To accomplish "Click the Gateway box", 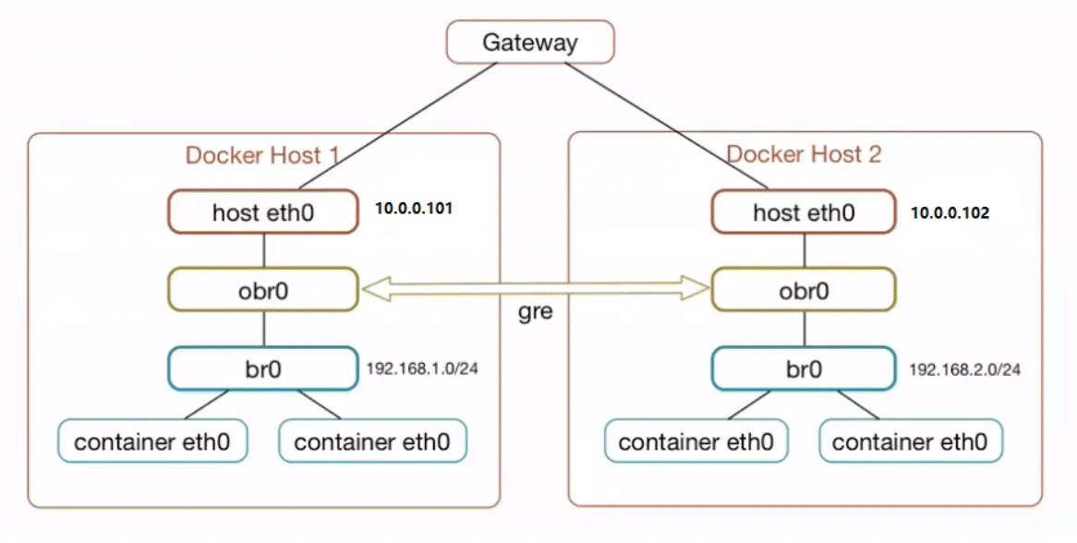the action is click(530, 42).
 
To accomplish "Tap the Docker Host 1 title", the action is click(262, 155).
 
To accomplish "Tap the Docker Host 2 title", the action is click(804, 154).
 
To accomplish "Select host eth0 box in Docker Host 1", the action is click(263, 212).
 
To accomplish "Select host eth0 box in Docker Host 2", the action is click(804, 212).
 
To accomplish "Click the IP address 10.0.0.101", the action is click(414, 208).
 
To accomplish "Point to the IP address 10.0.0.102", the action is click(950, 212).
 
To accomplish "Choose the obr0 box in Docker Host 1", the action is click(263, 290).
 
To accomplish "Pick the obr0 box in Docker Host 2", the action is click(804, 290).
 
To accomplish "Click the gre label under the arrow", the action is click(535, 312).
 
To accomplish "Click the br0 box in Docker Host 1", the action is click(263, 368).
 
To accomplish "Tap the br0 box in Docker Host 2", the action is click(804, 368).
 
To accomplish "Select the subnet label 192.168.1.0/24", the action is click(422, 368).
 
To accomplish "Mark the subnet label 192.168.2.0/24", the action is click(965, 369).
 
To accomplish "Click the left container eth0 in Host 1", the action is click(152, 440).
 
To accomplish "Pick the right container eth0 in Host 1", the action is click(372, 440).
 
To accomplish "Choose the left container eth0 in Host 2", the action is click(696, 440).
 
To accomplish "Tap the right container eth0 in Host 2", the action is click(911, 440).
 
